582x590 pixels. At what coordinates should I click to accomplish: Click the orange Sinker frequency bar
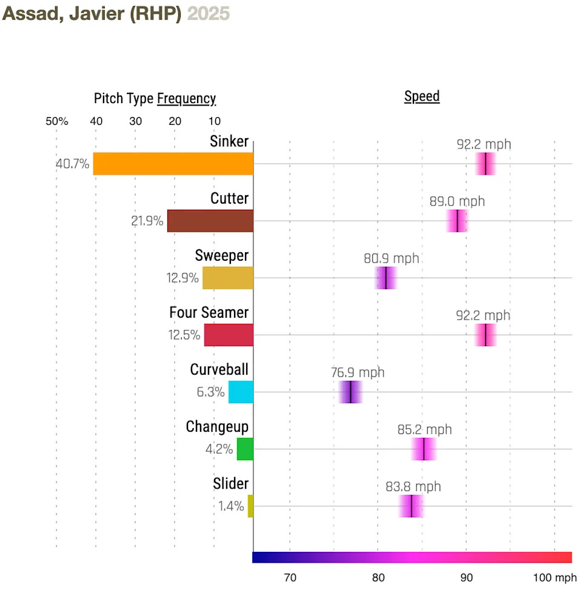coord(173,164)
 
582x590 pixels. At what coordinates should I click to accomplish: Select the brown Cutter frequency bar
coord(210,221)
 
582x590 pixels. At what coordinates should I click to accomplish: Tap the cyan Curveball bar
coord(241,392)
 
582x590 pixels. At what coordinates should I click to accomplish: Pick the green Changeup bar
coord(245,449)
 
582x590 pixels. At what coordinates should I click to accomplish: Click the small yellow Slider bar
coord(250,506)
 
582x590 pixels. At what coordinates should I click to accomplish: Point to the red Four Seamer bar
coord(229,335)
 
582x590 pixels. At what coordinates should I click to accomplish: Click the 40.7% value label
coord(73,164)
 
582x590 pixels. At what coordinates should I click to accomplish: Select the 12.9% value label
coord(182,278)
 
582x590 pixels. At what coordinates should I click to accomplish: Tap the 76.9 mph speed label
coord(358,372)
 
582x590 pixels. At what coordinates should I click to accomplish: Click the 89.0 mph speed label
coord(457,201)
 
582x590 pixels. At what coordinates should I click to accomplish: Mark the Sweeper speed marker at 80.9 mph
coord(386,278)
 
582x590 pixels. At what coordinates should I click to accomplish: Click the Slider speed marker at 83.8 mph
coord(411,506)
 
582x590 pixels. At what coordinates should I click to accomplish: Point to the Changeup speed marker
coord(424,449)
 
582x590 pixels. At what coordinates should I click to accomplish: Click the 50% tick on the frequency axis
coord(57,121)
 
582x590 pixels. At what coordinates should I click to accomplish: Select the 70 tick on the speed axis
coord(290,576)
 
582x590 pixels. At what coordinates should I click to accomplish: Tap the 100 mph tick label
coord(555,576)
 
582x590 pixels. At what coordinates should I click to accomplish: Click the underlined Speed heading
coord(422,96)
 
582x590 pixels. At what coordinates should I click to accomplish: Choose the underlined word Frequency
coord(186,99)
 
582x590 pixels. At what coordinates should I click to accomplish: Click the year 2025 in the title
coord(209,14)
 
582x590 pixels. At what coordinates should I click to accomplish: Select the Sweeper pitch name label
coord(221,256)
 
